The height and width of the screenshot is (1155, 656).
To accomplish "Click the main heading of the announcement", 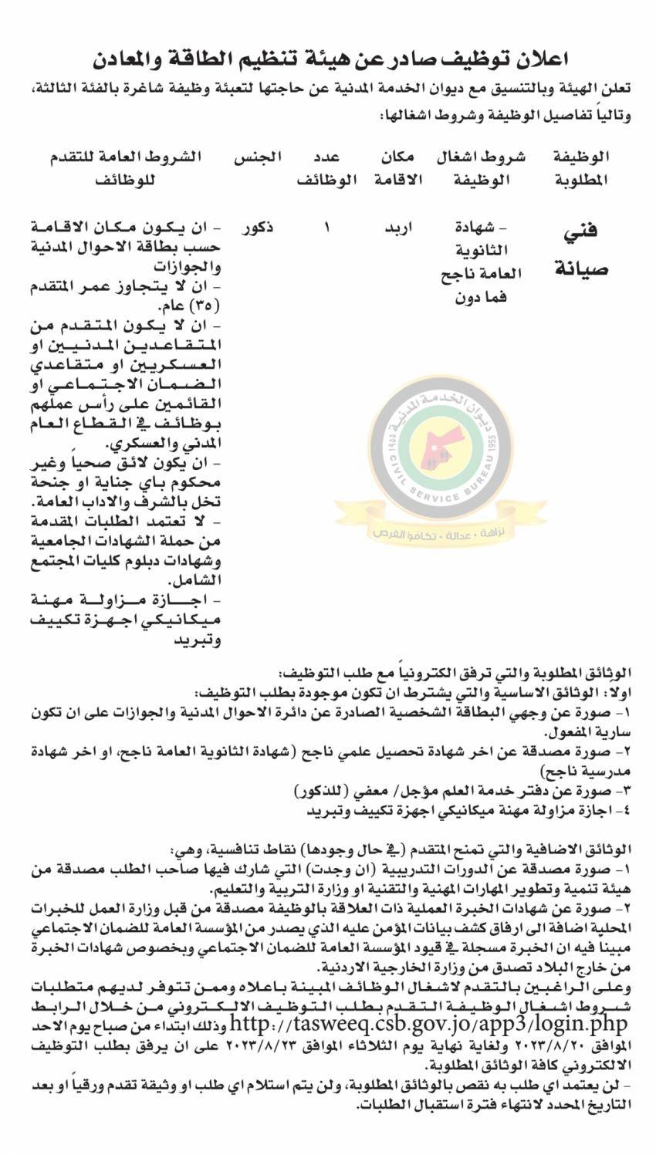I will coord(328,59).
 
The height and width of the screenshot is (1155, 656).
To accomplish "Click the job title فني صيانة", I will coord(581,249).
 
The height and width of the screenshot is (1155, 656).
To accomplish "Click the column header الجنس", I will coord(257,157).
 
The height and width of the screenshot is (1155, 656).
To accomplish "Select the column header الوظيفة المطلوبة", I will coord(581,168).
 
